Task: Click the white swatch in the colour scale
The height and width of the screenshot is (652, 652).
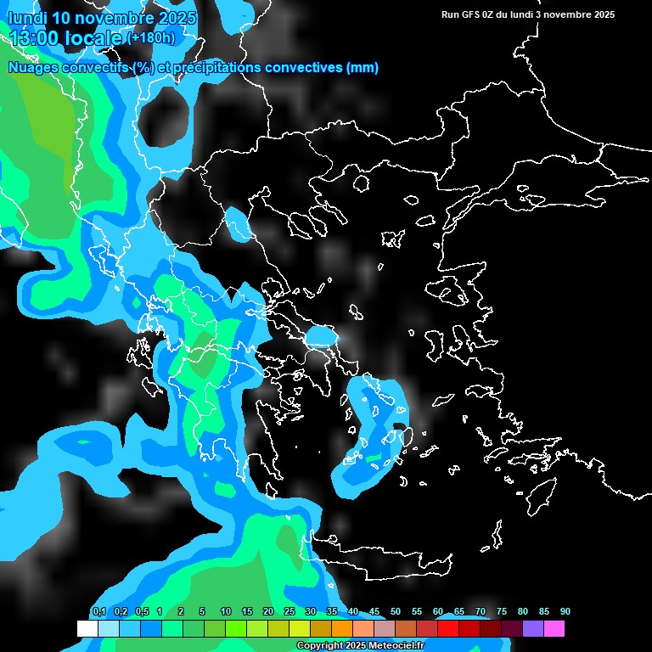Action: tap(87, 629)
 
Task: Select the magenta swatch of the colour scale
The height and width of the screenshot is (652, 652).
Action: tap(554, 629)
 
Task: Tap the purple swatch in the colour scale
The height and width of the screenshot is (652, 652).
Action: tap(533, 629)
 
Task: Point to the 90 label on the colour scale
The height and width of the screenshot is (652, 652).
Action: tap(565, 612)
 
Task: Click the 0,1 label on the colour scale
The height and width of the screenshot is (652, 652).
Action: tap(98, 612)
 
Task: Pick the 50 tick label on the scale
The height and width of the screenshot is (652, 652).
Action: tap(396, 612)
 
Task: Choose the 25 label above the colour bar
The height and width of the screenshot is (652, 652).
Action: tap(289, 612)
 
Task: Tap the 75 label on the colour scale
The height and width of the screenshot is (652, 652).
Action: tap(502, 612)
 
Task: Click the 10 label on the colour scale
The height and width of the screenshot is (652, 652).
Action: tap(226, 612)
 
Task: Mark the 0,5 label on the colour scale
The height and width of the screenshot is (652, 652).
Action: tap(141, 612)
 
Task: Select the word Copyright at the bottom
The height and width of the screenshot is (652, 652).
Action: tap(320, 646)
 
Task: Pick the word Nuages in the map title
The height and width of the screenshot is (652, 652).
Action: tap(33, 68)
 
